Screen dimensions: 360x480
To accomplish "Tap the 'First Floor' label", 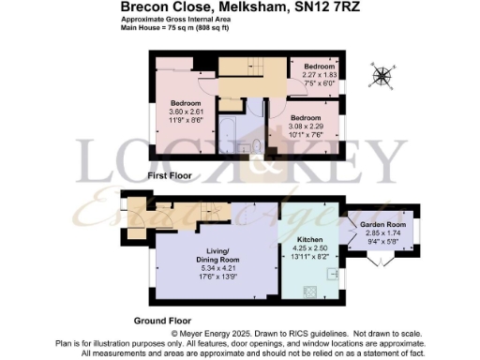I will click(172, 175).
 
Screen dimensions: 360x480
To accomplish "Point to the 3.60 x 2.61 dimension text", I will click(187, 110).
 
